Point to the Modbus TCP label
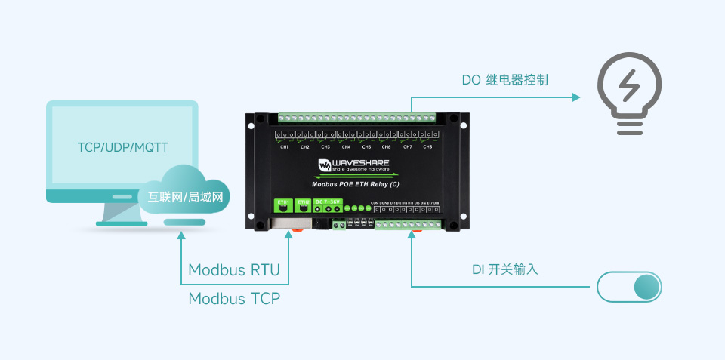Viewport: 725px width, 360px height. tap(234, 298)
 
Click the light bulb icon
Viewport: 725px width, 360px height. tap(629, 94)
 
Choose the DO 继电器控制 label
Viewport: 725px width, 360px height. tap(505, 80)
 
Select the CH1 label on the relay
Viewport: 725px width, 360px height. tap(285, 147)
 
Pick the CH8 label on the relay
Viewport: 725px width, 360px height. tap(427, 147)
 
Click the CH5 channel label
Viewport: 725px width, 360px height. tap(366, 147)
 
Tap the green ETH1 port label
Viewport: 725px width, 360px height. tap(284, 203)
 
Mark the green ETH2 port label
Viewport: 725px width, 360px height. tap(304, 203)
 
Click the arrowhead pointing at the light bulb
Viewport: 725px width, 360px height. tap(575, 97)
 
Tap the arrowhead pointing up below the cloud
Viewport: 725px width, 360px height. tap(181, 235)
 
